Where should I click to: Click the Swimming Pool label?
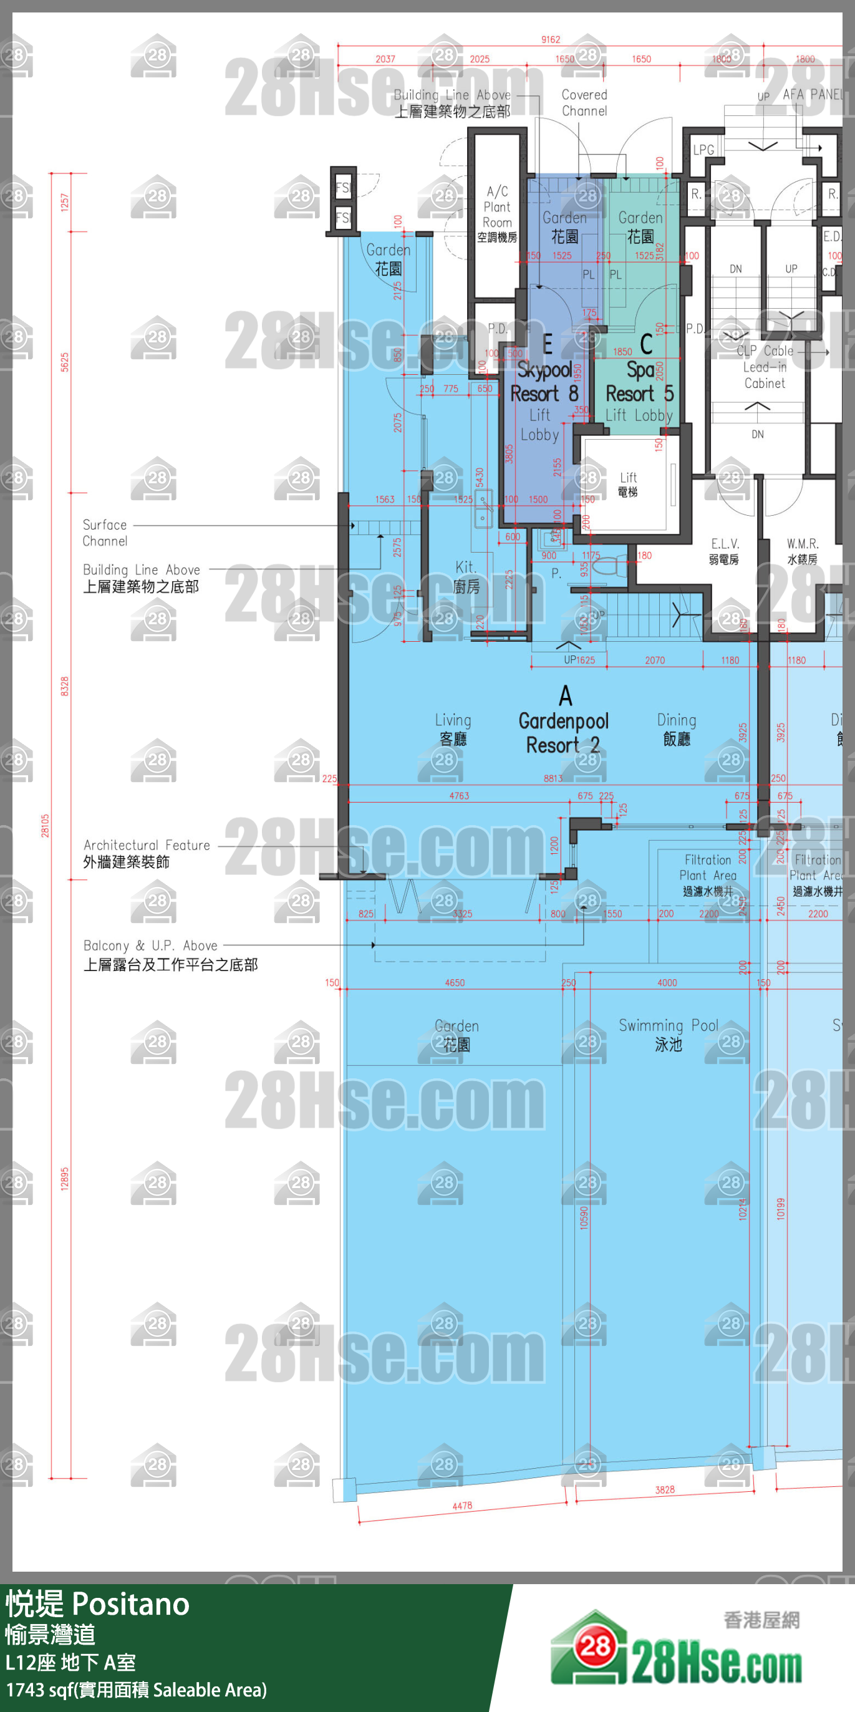click(x=669, y=1034)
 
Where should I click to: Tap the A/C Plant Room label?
click(x=497, y=213)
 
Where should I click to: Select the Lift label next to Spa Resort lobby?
click(x=628, y=484)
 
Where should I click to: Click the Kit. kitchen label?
click(x=466, y=576)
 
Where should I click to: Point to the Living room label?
click(x=453, y=729)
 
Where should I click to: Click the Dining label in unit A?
click(x=676, y=729)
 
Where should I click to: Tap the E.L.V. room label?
click(x=724, y=551)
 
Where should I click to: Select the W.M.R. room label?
click(x=802, y=551)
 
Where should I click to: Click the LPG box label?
click(x=703, y=150)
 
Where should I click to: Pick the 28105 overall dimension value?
click(x=45, y=825)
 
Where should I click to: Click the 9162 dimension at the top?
click(x=550, y=40)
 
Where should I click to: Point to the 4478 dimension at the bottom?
click(x=461, y=1506)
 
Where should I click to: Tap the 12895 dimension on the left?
click(x=64, y=1178)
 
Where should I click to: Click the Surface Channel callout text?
click(x=104, y=533)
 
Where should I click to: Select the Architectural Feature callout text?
click(x=146, y=853)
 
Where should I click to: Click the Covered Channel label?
click(x=584, y=102)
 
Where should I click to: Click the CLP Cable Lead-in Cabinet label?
click(x=765, y=366)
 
